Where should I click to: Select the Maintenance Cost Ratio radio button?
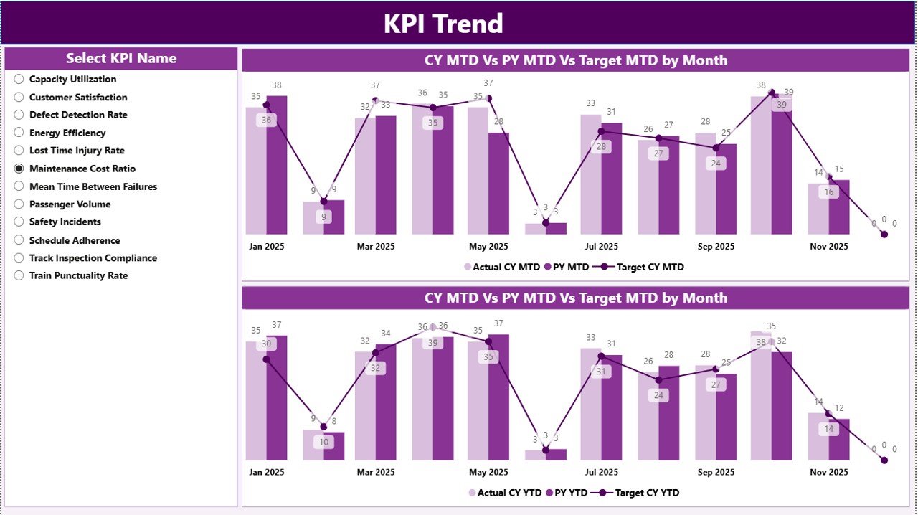pyautogui.click(x=19, y=169)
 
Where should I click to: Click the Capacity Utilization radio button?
pyautogui.click(x=19, y=80)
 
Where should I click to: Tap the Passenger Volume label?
pyautogui.click(x=70, y=204)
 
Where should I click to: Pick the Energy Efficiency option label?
pyautogui.click(x=67, y=133)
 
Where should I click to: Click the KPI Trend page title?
pyautogui.click(x=443, y=24)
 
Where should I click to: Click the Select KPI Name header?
pyautogui.click(x=121, y=59)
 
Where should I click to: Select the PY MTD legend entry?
pyautogui.click(x=567, y=267)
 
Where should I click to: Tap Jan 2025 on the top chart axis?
pyautogui.click(x=267, y=246)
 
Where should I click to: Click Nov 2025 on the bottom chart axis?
pyautogui.click(x=829, y=472)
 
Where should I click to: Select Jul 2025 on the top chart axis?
pyautogui.click(x=601, y=246)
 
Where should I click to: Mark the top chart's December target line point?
pyautogui.click(x=884, y=234)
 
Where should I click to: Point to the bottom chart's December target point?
pyautogui.click(x=884, y=460)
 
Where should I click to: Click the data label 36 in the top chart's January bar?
pyautogui.click(x=267, y=121)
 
